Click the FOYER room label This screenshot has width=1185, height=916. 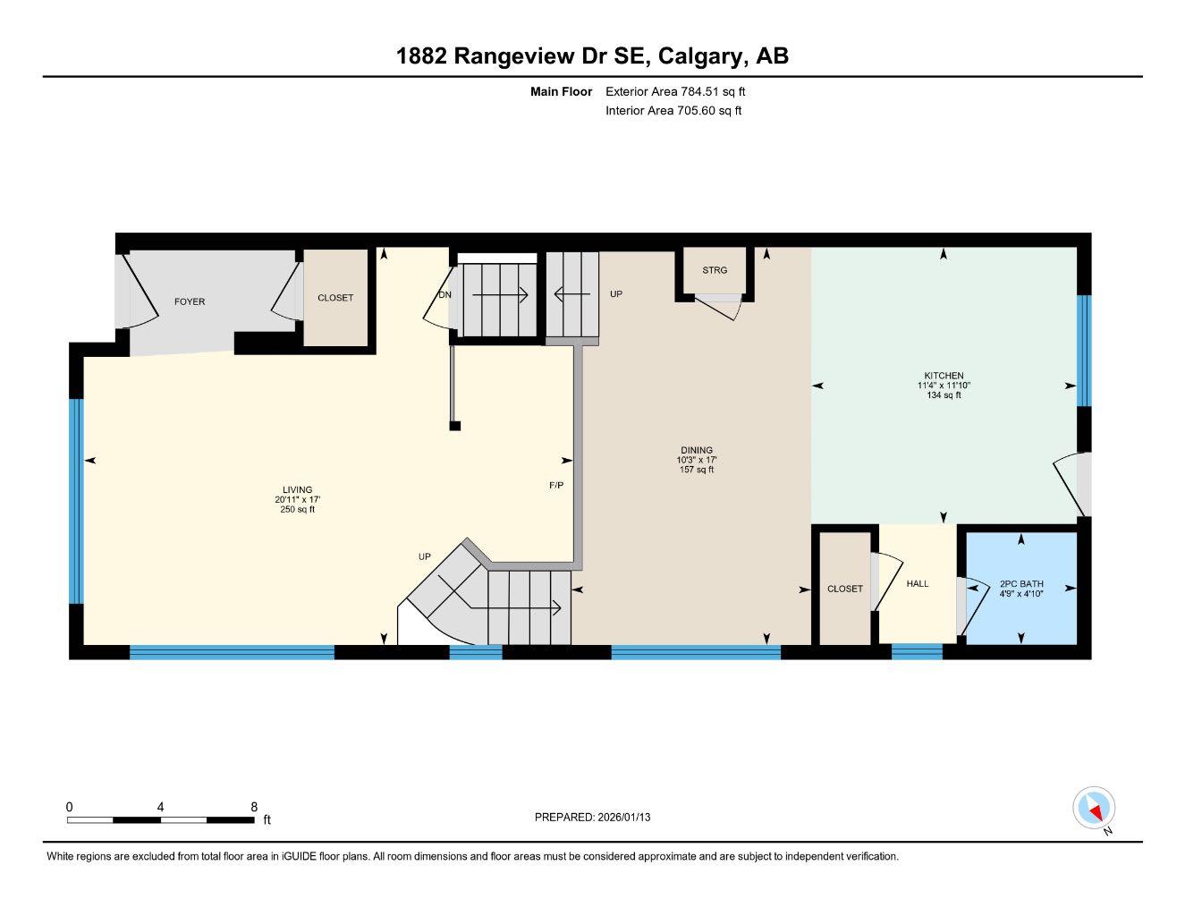coord(189,302)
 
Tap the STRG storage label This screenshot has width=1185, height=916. coord(715,270)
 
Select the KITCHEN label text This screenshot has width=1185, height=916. coord(944,376)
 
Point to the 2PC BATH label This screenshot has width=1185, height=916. coord(1021,584)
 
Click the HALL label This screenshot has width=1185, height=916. coord(918,584)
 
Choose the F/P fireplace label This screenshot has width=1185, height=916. coord(556,486)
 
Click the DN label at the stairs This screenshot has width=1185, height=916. coord(444,295)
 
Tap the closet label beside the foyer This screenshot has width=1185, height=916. coord(335,298)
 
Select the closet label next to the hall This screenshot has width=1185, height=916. coord(845,589)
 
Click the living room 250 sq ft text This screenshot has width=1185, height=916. coord(297,510)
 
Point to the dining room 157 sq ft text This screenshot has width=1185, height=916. coord(697,470)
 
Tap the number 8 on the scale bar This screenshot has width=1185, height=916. coord(254,807)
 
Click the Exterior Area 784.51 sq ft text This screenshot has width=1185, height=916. coord(675,91)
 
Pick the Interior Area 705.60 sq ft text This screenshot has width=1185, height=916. coord(673,111)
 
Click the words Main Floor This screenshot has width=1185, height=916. coord(561,91)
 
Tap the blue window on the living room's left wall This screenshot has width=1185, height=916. coord(76,501)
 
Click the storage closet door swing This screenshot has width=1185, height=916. coord(723,310)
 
